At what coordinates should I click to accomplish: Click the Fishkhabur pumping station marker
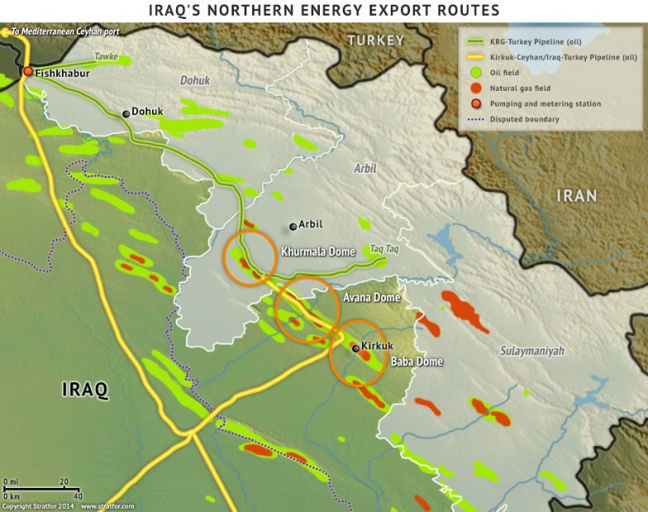click(27, 72)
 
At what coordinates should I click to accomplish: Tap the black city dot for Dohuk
click(126, 113)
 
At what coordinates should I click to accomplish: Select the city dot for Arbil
click(292, 226)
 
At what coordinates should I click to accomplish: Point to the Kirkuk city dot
click(355, 348)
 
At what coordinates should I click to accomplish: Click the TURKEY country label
click(376, 40)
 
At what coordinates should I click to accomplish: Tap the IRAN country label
click(576, 196)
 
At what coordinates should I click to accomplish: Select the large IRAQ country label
click(85, 390)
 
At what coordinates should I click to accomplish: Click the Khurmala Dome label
click(318, 252)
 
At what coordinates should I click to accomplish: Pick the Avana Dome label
click(370, 297)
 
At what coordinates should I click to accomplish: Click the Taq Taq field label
click(386, 248)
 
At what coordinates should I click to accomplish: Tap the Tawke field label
click(106, 57)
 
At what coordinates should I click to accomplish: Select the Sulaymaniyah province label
click(531, 351)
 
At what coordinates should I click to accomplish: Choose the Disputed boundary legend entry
click(523, 119)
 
